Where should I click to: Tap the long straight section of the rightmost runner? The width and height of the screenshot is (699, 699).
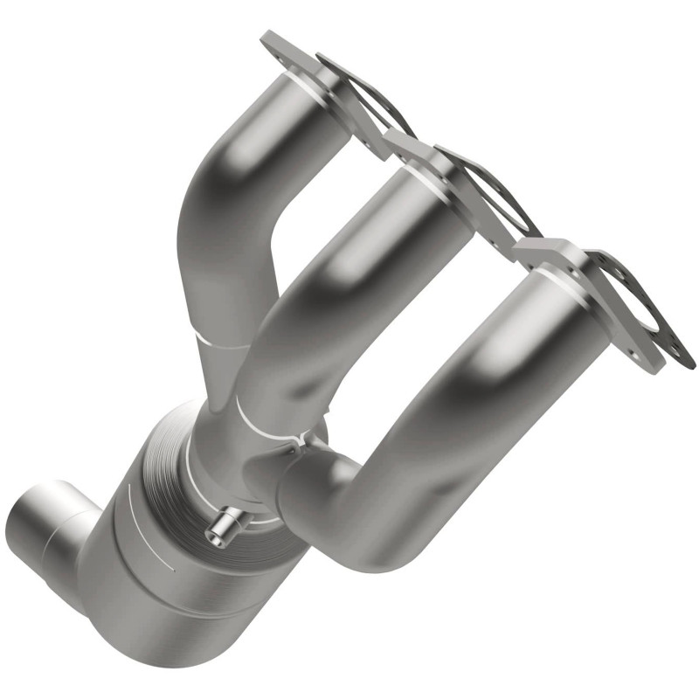tap(489, 367)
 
